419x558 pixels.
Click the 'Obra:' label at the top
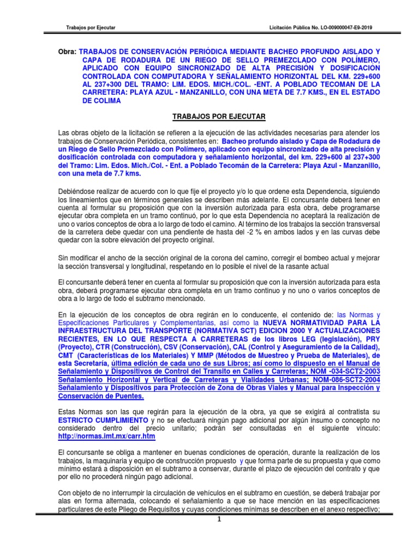(68, 50)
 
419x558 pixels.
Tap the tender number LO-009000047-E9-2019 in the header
(322, 27)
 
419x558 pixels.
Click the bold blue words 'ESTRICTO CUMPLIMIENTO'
(103, 421)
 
